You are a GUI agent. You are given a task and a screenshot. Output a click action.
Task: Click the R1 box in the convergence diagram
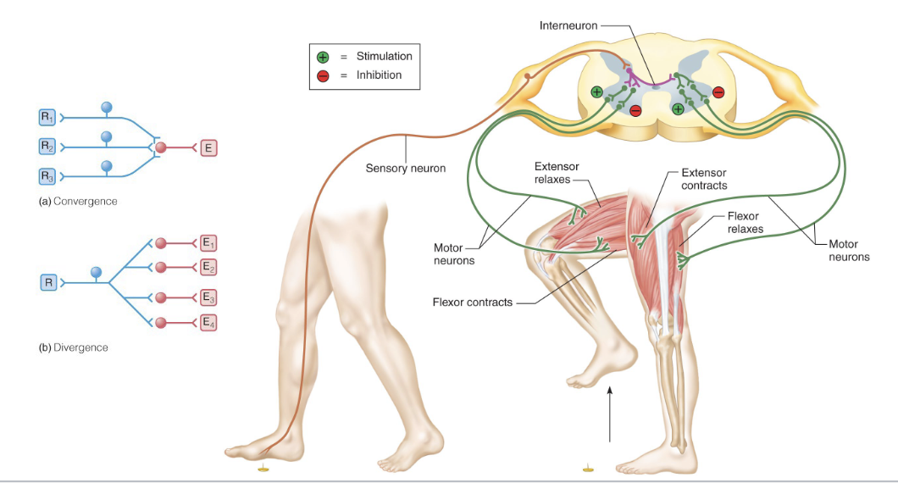coord(47,116)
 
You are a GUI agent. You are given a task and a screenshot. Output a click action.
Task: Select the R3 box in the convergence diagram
coord(47,176)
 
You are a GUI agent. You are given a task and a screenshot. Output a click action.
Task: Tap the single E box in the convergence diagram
coord(208,147)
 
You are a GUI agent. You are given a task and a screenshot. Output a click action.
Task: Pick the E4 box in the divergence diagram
coord(208,322)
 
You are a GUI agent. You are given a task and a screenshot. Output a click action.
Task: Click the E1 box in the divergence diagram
coord(208,243)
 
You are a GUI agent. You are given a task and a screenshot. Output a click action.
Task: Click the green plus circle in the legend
coord(323,57)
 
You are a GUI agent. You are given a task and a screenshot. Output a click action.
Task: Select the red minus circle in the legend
coord(323,75)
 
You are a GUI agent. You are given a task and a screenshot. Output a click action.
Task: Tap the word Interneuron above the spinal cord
coord(568,25)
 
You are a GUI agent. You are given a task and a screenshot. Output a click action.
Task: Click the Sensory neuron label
coord(405,168)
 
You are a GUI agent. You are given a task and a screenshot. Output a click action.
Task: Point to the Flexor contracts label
coord(472,302)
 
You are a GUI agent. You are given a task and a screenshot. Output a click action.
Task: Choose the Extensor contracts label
coord(704,179)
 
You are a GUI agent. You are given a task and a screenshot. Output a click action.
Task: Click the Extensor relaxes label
coord(557,173)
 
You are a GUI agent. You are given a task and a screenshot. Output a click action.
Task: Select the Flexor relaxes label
coord(746,222)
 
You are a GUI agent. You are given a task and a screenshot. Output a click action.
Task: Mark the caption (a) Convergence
coord(78,202)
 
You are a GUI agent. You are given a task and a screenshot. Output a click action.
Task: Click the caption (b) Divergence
coord(74,347)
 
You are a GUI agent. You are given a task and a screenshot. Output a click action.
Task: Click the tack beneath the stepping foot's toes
coord(263,467)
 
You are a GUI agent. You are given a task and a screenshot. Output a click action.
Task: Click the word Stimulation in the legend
coord(384,57)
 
